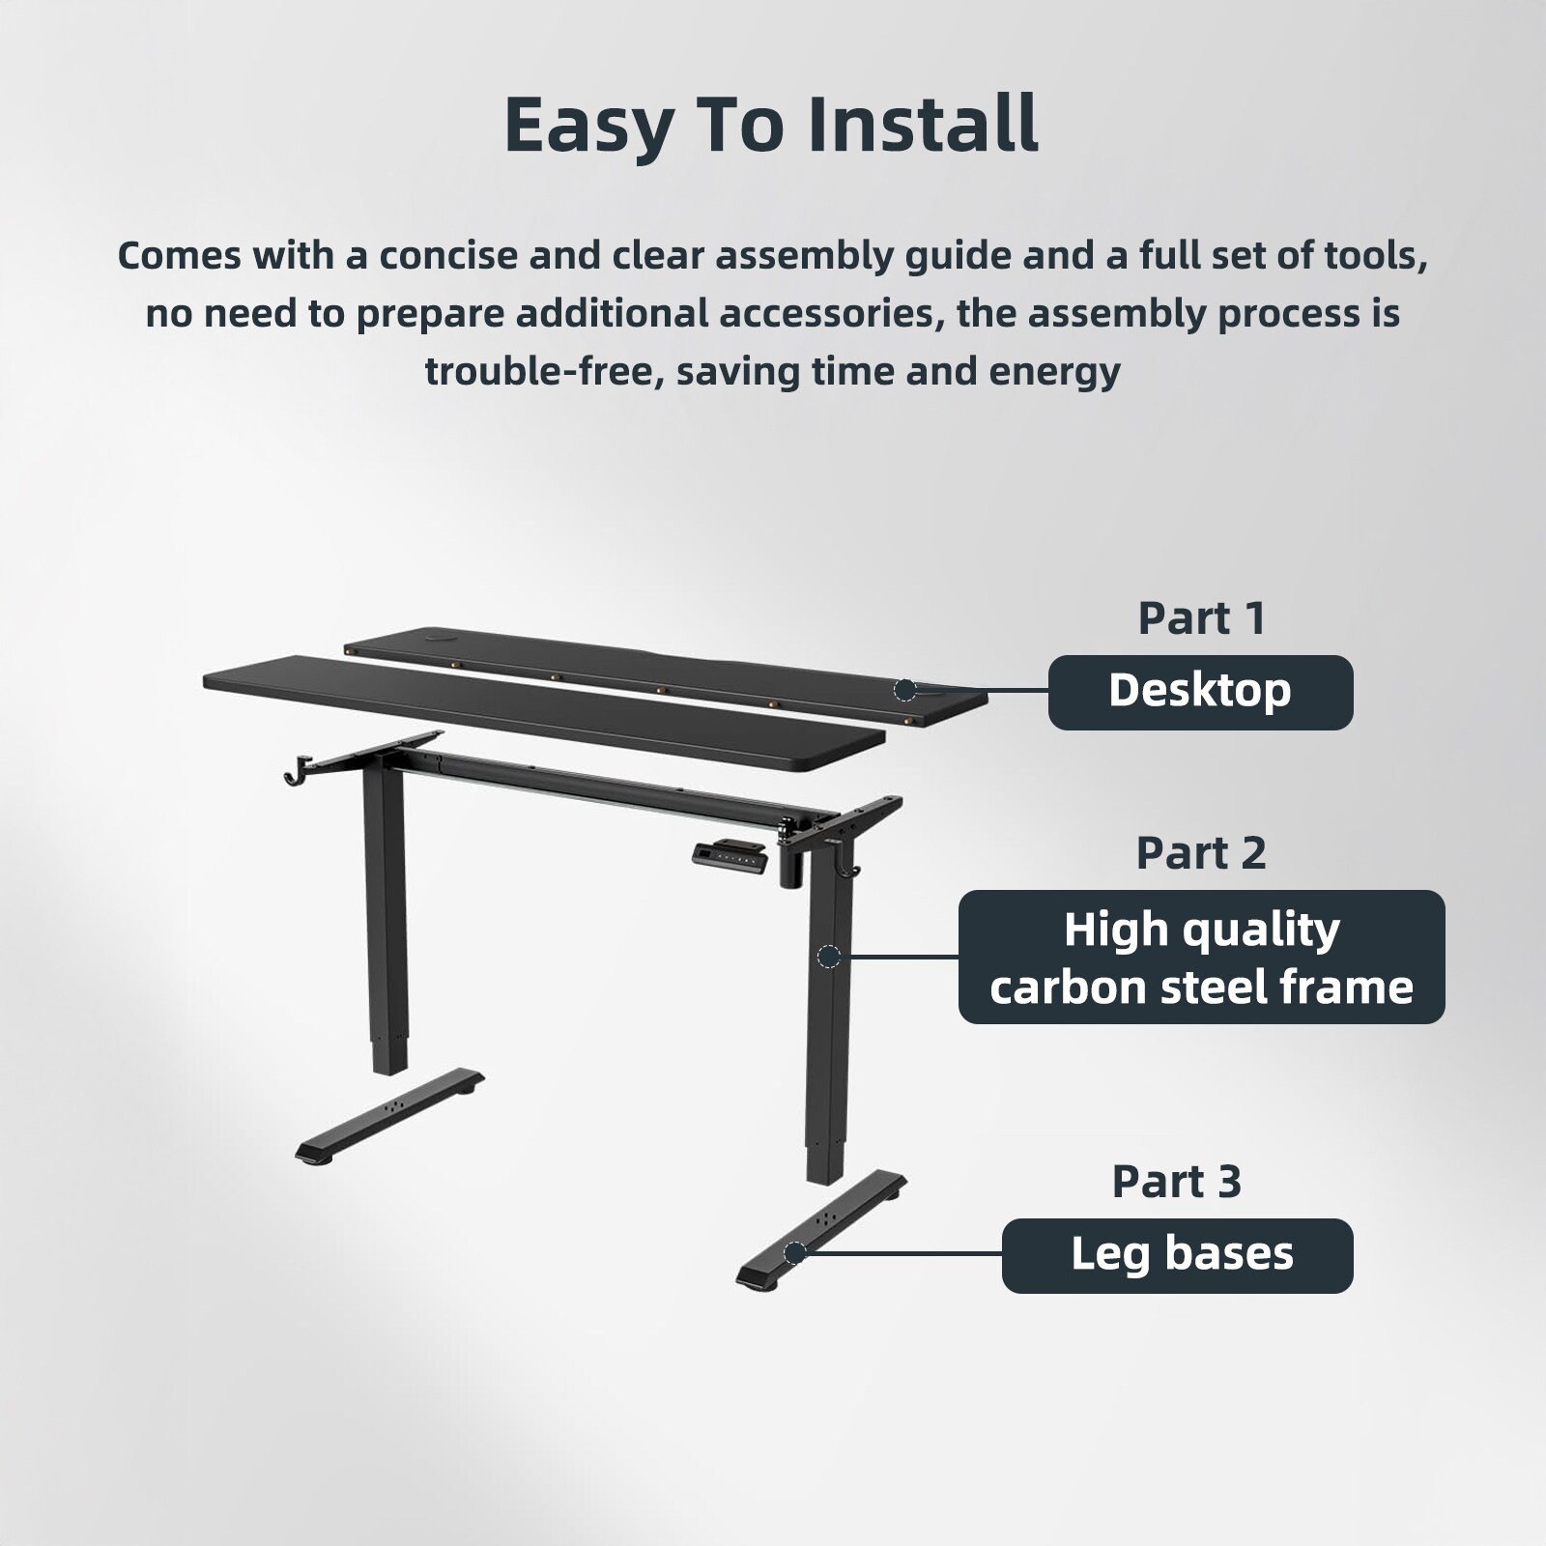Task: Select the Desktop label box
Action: click(1200, 692)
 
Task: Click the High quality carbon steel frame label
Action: click(1201, 957)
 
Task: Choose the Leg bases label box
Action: click(1177, 1255)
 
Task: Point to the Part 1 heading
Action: click(1201, 618)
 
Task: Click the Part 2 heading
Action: click(1200, 852)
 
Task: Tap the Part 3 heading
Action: click(1176, 1181)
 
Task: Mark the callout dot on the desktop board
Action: click(905, 690)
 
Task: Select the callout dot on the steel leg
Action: click(828, 957)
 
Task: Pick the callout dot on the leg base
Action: click(794, 1254)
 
